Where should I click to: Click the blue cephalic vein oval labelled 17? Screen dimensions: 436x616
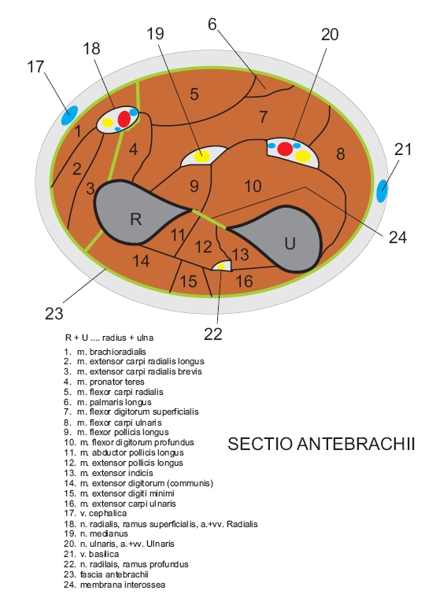tap(69, 116)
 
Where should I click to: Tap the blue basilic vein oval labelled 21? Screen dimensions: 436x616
tap(382, 191)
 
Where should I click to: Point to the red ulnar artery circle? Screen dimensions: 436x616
tap(285, 149)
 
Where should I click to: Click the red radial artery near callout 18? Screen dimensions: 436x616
tap(124, 119)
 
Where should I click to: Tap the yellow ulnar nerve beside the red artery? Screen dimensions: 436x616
tap(303, 156)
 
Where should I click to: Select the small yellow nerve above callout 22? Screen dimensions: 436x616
tap(221, 267)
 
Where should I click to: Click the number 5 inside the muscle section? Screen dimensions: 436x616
tap(194, 94)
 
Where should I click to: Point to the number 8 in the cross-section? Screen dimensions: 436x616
tap(341, 154)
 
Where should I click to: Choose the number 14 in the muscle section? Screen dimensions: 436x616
tap(141, 261)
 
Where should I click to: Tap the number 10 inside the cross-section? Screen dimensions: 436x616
tap(253, 186)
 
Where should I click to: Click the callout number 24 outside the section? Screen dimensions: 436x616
tap(397, 238)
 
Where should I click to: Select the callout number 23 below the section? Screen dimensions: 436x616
tap(54, 313)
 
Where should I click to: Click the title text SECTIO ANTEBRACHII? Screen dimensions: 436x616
tap(321, 444)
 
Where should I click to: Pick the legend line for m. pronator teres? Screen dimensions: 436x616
tap(104, 382)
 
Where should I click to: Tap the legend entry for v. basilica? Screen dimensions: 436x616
tap(91, 554)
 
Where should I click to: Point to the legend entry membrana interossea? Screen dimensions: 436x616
tap(114, 585)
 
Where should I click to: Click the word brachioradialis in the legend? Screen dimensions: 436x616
tap(118, 351)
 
